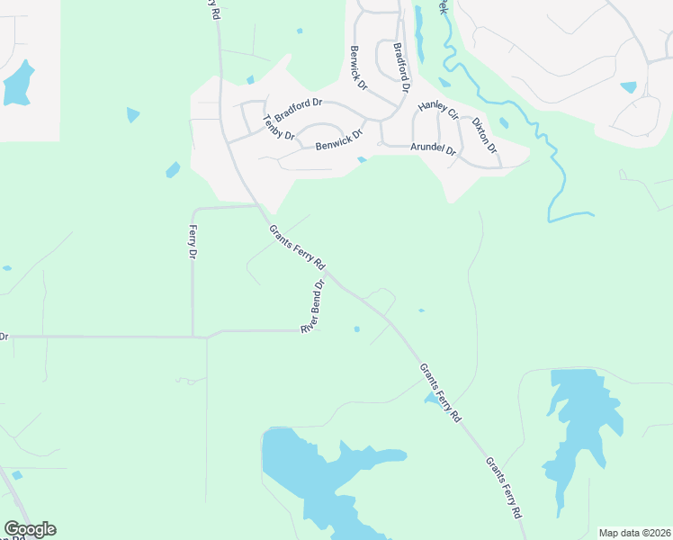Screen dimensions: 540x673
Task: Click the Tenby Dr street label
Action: coord(279,128)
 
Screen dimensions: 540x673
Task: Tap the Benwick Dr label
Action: coord(338,140)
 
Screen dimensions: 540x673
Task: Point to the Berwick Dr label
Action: coord(359,67)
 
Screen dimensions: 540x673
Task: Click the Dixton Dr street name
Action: coord(484,132)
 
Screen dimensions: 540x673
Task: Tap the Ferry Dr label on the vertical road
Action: coord(192,243)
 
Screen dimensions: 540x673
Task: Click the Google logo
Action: coord(30,529)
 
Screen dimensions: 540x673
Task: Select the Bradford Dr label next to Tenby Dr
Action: coord(299,111)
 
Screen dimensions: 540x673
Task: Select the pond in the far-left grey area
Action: coord(18,83)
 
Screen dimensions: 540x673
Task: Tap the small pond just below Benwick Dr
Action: coord(361,160)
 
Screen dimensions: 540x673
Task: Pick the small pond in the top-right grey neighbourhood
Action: coord(628,87)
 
